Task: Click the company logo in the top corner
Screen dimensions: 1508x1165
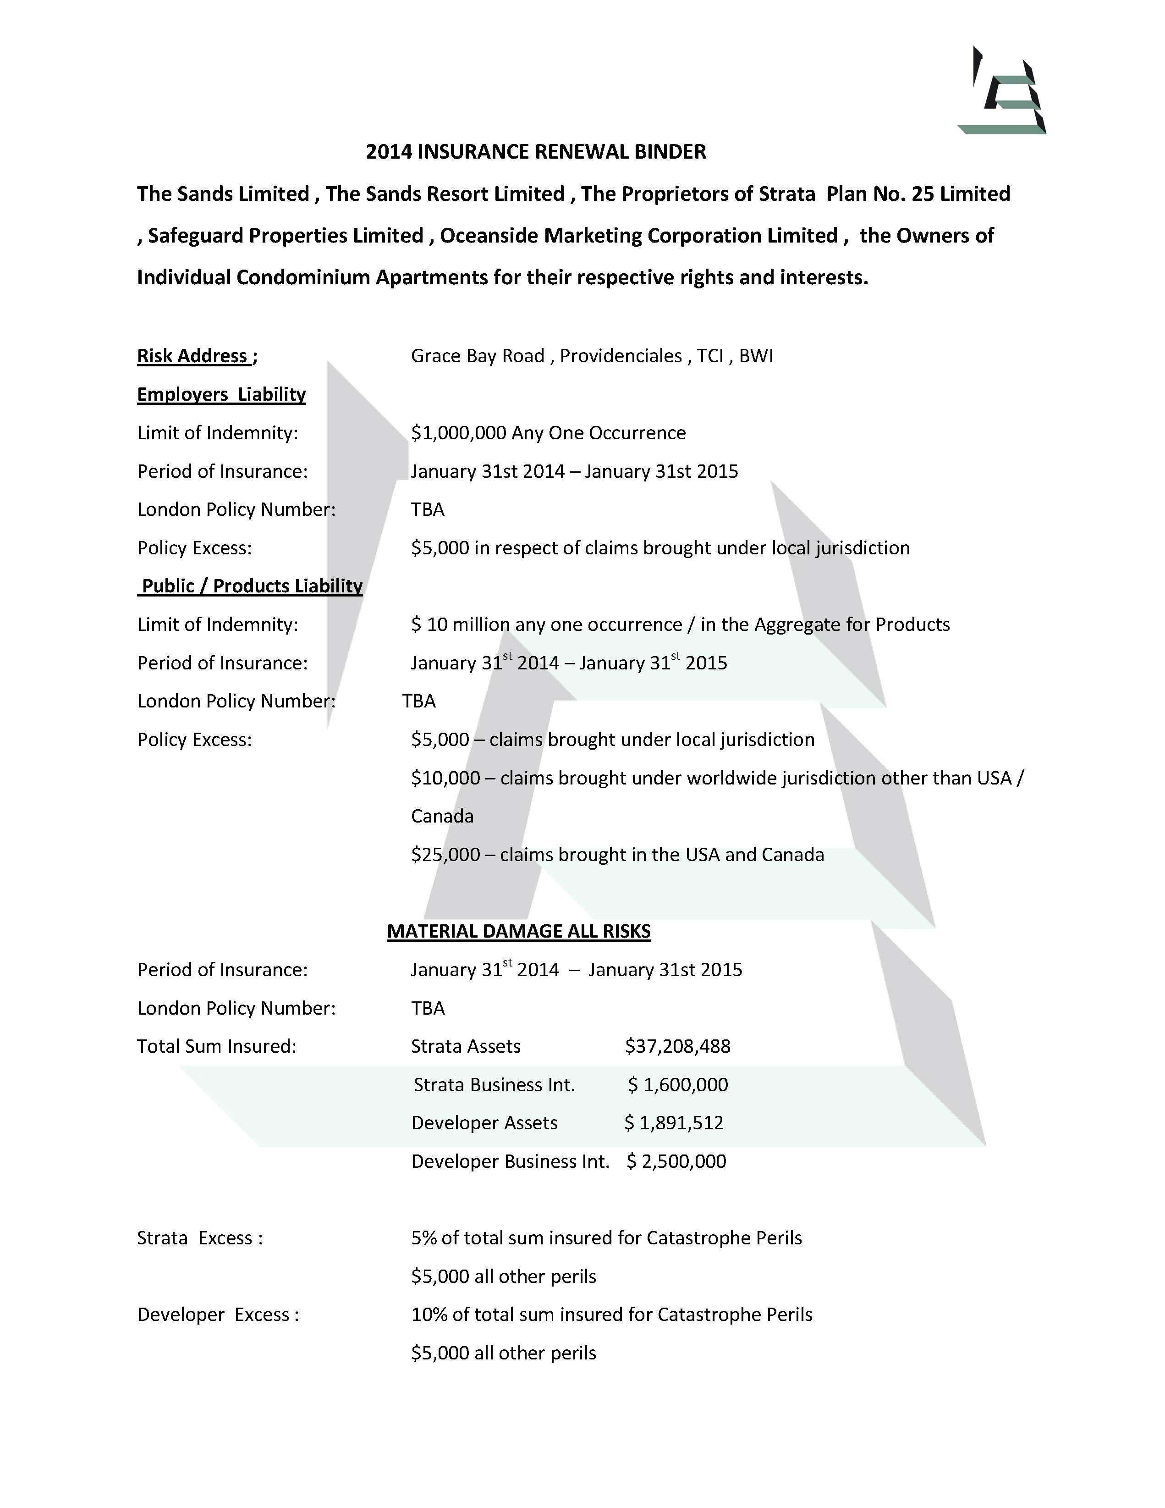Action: tap(1002, 92)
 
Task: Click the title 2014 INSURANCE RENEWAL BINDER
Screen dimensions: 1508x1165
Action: tap(536, 152)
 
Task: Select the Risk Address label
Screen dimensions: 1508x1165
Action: tap(196, 356)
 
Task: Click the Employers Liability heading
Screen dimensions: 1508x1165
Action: tap(221, 394)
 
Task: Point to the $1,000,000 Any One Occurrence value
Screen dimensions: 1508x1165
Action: tap(548, 433)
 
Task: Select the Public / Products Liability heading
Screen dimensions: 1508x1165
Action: tap(251, 586)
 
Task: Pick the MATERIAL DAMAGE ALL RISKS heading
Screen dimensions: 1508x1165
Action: tap(518, 932)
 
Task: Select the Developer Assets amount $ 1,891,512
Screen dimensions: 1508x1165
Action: tap(674, 1123)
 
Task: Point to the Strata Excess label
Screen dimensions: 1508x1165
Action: tap(199, 1238)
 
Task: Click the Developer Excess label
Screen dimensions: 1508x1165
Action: tap(217, 1315)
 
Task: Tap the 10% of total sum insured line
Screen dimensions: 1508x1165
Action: tap(611, 1315)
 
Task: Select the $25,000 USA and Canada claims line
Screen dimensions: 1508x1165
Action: tap(617, 855)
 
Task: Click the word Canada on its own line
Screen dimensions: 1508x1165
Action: tap(442, 816)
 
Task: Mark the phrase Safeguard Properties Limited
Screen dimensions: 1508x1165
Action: tap(285, 236)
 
